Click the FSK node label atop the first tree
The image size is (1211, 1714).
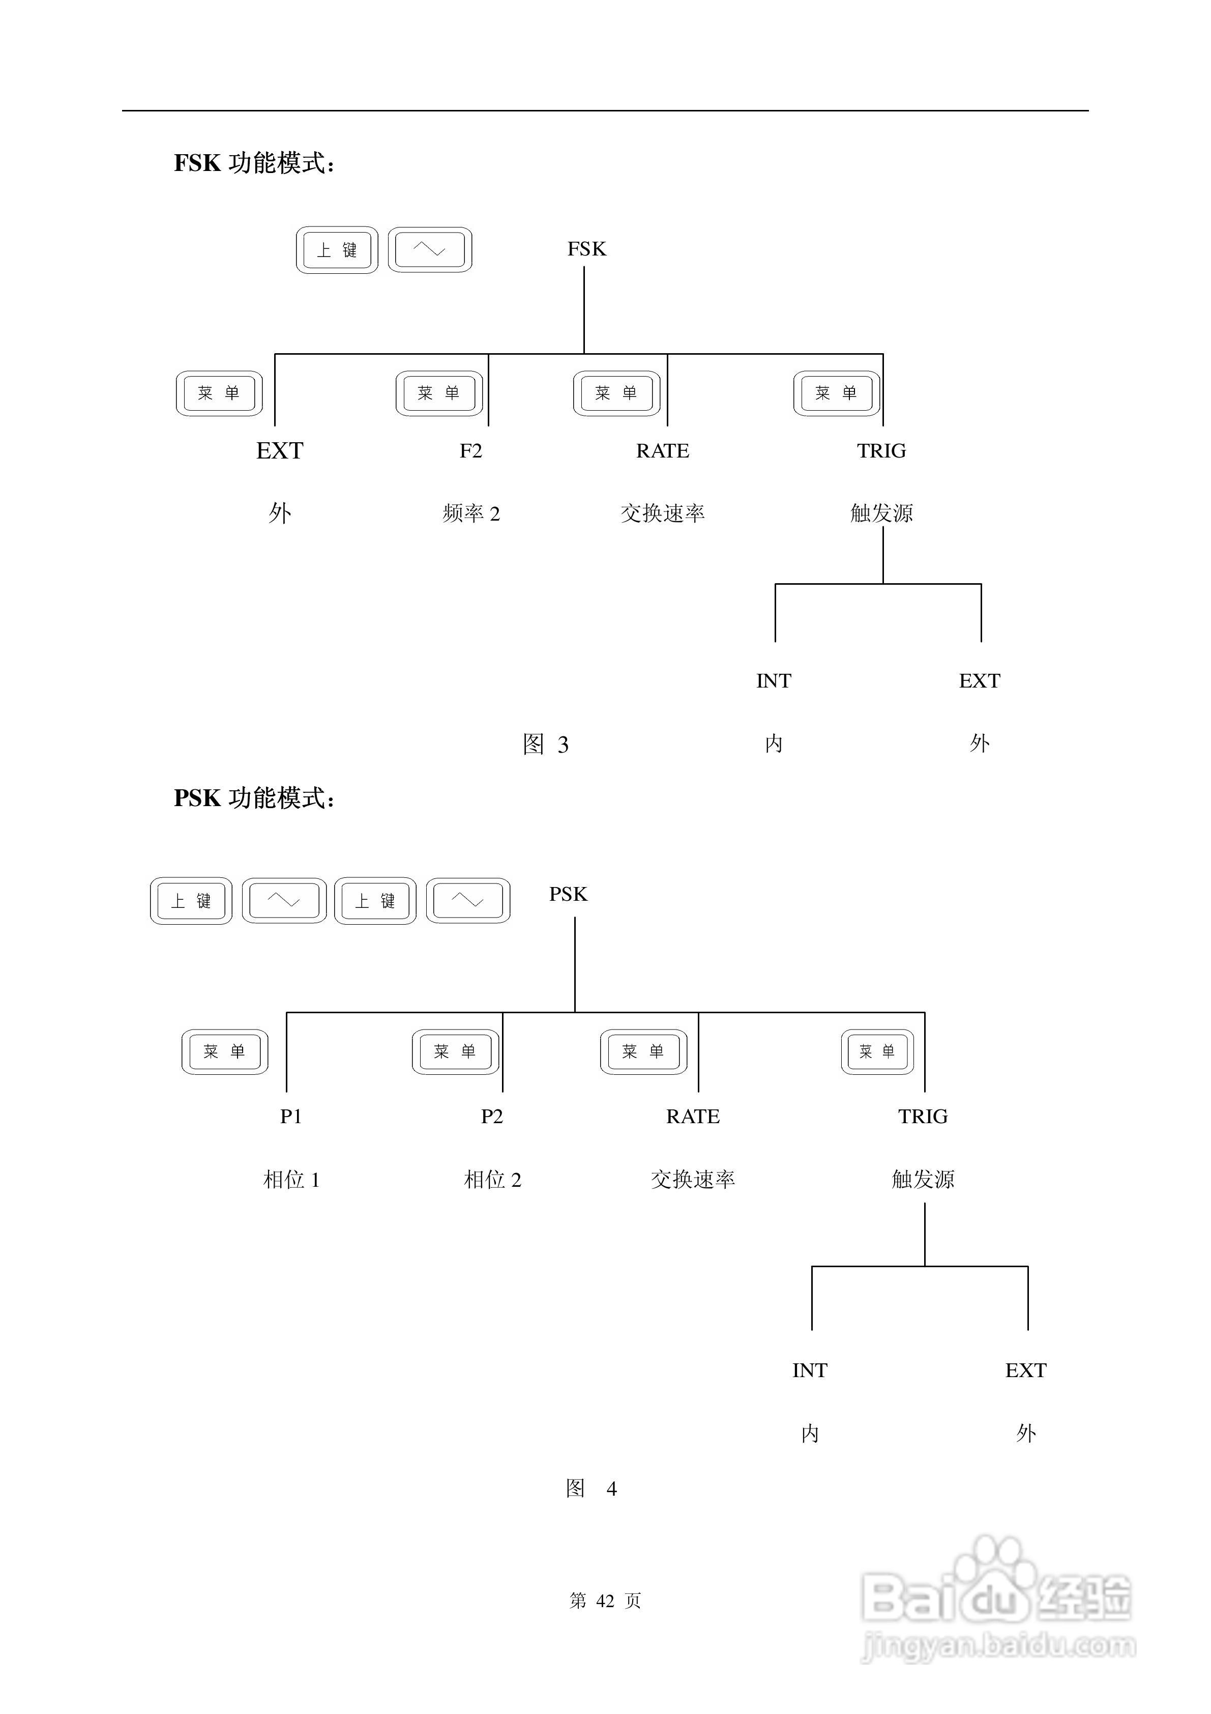pyautogui.click(x=586, y=249)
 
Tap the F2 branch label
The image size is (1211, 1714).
pyautogui.click(x=471, y=451)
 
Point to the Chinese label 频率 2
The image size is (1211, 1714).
pyautogui.click(x=471, y=513)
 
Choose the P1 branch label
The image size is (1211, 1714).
pyautogui.click(x=291, y=1117)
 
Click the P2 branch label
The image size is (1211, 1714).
pyautogui.click(x=492, y=1117)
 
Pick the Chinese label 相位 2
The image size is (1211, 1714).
pyautogui.click(x=492, y=1180)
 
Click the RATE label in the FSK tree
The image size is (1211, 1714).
pyautogui.click(x=663, y=451)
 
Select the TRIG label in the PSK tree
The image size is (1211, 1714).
pyautogui.click(x=923, y=1117)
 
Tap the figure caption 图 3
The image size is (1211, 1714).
pyautogui.click(x=545, y=744)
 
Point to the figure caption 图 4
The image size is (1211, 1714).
pyautogui.click(x=591, y=1489)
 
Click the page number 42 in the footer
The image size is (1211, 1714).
pyautogui.click(x=605, y=1601)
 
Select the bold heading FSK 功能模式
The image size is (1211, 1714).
pyautogui.click(x=254, y=163)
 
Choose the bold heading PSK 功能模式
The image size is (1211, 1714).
pyautogui.click(x=254, y=798)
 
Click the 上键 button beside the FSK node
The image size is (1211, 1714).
pyautogui.click(x=337, y=250)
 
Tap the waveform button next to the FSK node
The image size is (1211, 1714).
pyautogui.click(x=430, y=250)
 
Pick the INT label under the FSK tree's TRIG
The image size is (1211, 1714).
pyautogui.click(x=774, y=681)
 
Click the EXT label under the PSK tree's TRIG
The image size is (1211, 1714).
pyautogui.click(x=1026, y=1370)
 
